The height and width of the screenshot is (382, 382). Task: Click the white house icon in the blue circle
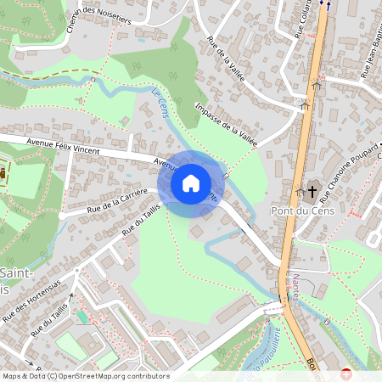click(x=191, y=183)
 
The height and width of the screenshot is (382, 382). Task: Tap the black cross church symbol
click(x=312, y=191)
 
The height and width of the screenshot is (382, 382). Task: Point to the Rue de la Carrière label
click(x=117, y=199)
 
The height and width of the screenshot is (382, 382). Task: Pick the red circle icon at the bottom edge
click(x=345, y=374)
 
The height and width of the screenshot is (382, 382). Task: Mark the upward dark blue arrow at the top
click(x=323, y=3)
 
